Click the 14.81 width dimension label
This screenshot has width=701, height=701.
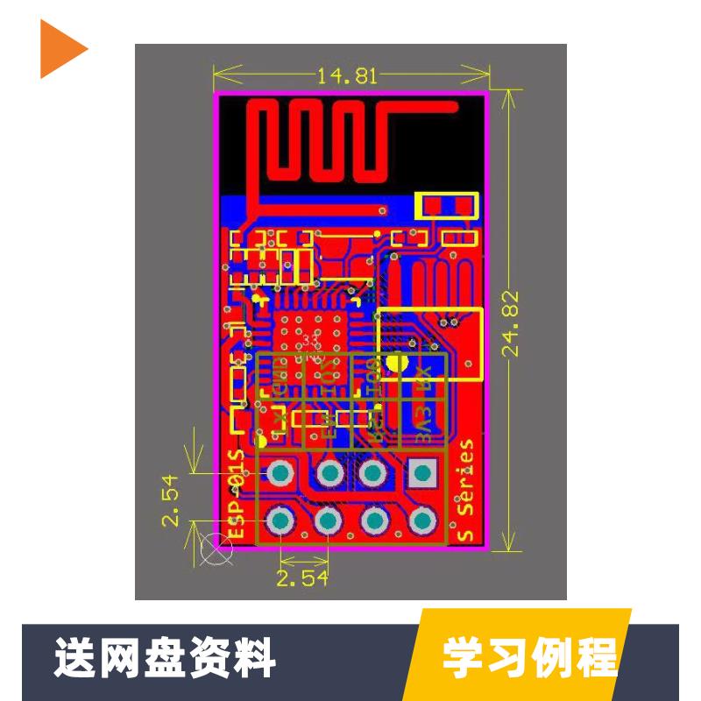click(x=348, y=75)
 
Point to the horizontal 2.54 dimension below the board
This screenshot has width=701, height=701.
click(x=301, y=577)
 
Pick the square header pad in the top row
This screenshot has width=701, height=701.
click(x=422, y=474)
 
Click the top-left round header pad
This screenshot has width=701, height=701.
click(x=281, y=474)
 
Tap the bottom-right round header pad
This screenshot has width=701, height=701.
click(x=422, y=522)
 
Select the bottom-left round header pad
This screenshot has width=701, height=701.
click(x=281, y=522)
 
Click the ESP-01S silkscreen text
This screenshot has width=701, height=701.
click(x=235, y=495)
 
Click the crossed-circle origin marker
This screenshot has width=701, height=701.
click(x=215, y=548)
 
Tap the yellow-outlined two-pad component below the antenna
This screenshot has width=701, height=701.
click(x=446, y=206)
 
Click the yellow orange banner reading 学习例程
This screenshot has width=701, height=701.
click(x=529, y=656)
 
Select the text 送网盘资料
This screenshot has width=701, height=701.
click(x=166, y=656)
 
